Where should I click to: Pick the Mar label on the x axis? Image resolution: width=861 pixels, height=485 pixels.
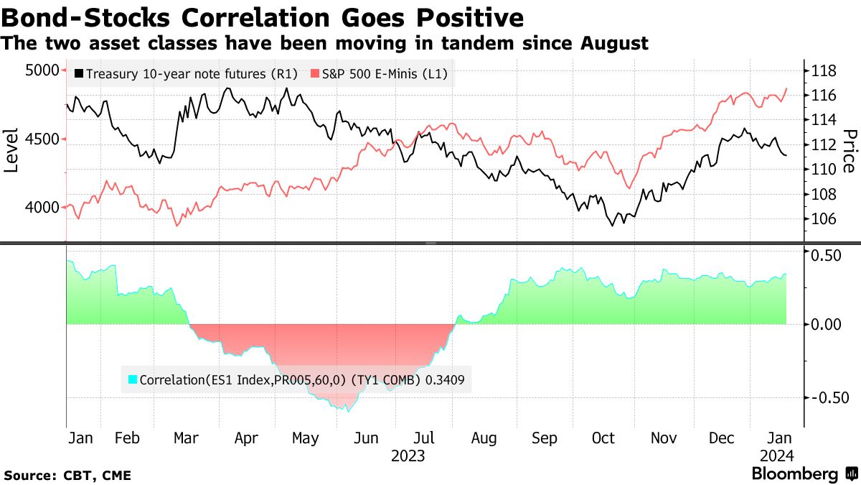[x=187, y=438]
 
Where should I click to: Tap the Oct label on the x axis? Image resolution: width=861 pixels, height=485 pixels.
[x=603, y=438]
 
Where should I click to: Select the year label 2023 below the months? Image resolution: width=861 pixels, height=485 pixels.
[x=408, y=456]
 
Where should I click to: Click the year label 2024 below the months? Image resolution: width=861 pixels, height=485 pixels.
[x=777, y=456]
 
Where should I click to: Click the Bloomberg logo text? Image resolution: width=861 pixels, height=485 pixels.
[x=794, y=474]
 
